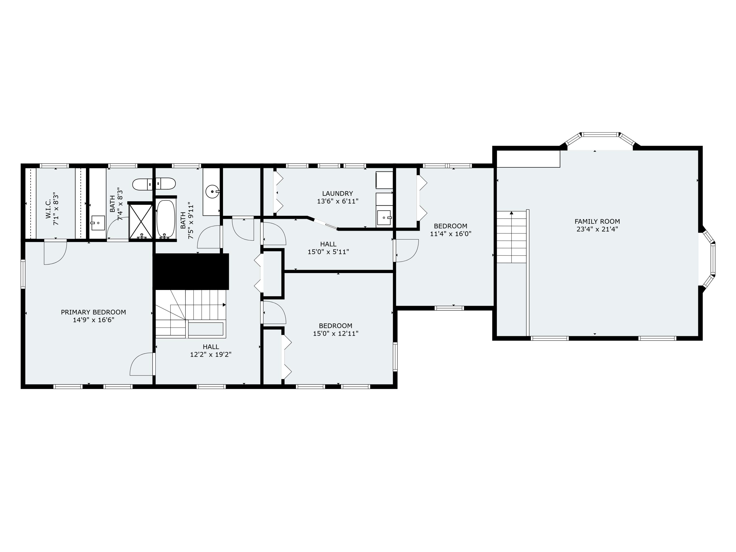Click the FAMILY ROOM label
pyautogui.click(x=597, y=221)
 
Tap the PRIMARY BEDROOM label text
pyautogui.click(x=93, y=312)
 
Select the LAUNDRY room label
pyautogui.click(x=337, y=193)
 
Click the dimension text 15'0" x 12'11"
pyautogui.click(x=335, y=333)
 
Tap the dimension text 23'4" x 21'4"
pyautogui.click(x=597, y=229)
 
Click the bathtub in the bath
pyautogui.click(x=165, y=219)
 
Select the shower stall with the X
pyautogui.click(x=141, y=221)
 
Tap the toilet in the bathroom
pyautogui.click(x=154, y=184)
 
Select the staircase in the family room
pyautogui.click(x=512, y=237)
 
